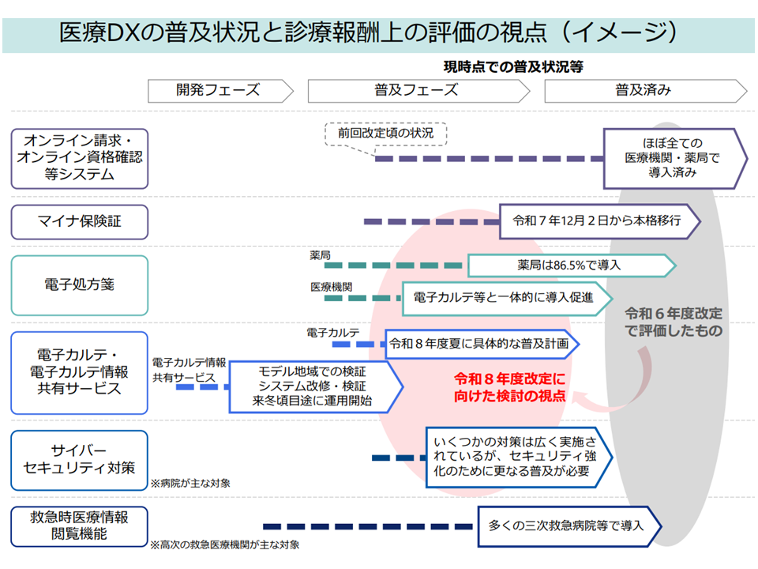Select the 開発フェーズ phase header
pyautogui.click(x=218, y=90)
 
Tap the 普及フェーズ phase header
pyautogui.click(x=416, y=90)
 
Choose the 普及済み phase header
pyautogui.click(x=643, y=90)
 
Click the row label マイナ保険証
pyautogui.click(x=79, y=222)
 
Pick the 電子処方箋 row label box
pyautogui.click(x=79, y=285)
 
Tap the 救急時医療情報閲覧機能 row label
pyautogui.click(x=79, y=526)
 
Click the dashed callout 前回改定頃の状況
pyautogui.click(x=385, y=134)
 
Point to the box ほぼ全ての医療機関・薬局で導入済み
pyautogui.click(x=671, y=158)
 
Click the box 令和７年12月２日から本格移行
pyautogui.click(x=596, y=221)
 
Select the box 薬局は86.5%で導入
pyautogui.click(x=568, y=266)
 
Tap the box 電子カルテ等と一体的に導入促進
pyautogui.click(x=505, y=299)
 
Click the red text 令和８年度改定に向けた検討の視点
pyautogui.click(x=510, y=387)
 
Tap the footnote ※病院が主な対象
pyautogui.click(x=190, y=482)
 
